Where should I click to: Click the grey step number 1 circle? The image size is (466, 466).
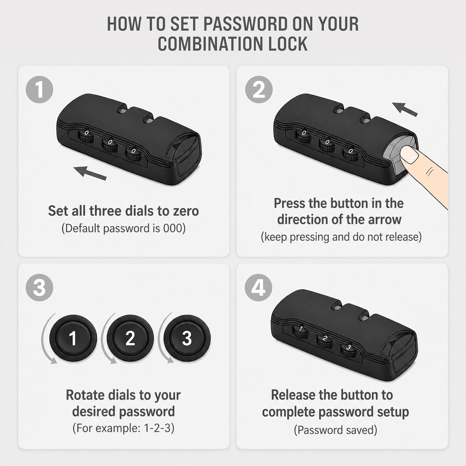(x=40, y=89)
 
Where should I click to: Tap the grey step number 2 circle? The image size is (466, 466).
(x=259, y=89)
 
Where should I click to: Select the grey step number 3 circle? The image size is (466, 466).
(x=40, y=287)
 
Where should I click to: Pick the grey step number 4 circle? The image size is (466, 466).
(x=259, y=287)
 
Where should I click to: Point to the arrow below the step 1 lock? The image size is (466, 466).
(x=90, y=173)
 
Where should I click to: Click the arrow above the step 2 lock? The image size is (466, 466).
(x=405, y=109)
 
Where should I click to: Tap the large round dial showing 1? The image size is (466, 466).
(x=73, y=338)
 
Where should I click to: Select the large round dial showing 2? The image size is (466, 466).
(x=130, y=338)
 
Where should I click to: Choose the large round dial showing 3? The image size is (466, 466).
(x=187, y=338)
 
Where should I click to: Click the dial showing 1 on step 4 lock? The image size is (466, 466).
(x=301, y=332)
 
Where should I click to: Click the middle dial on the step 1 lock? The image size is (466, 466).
(x=110, y=145)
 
